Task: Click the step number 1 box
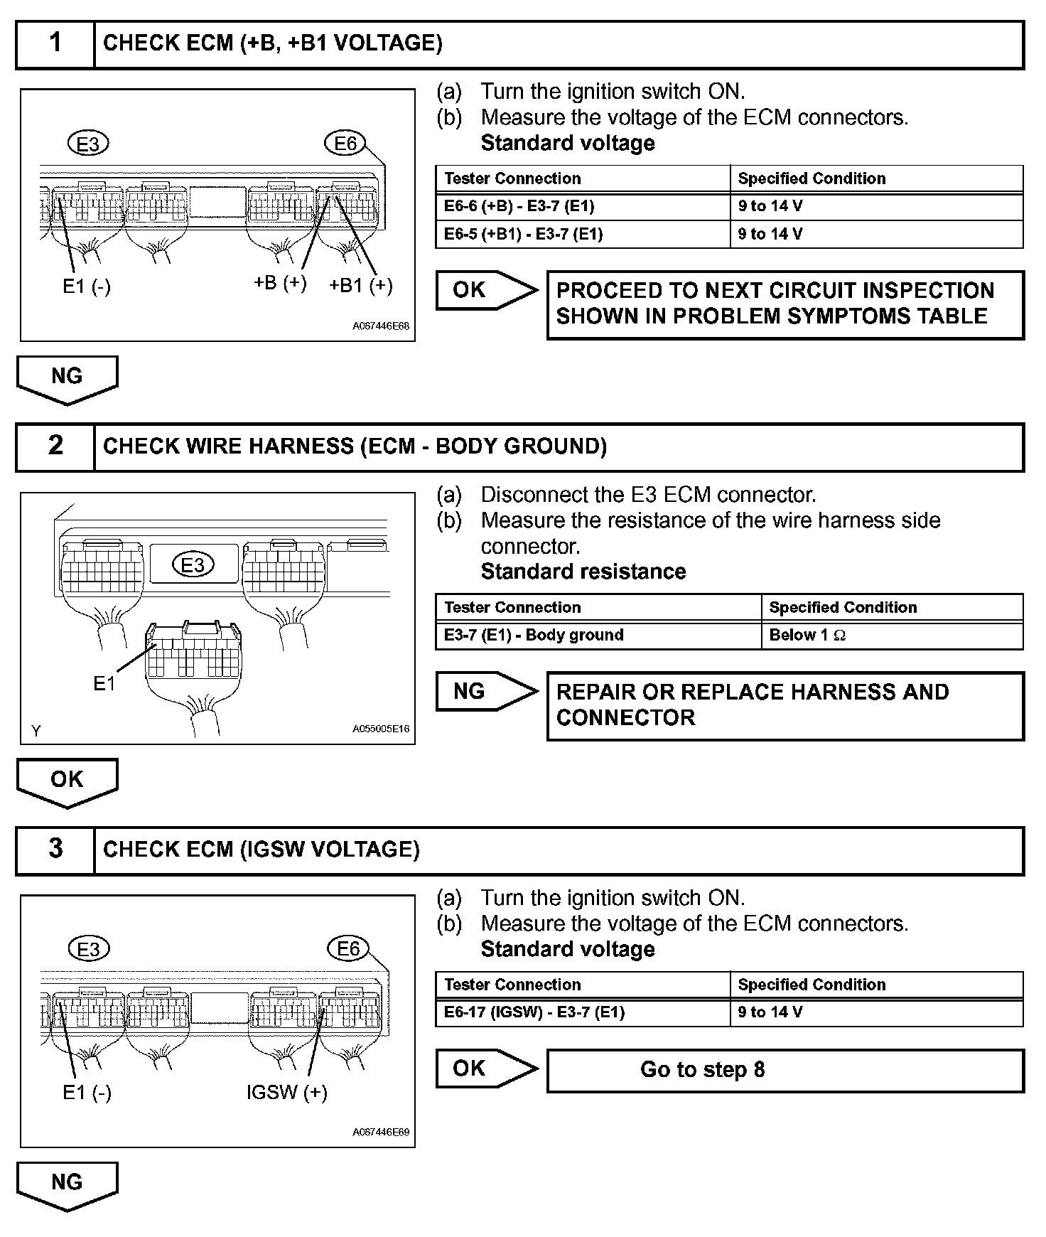coord(55,44)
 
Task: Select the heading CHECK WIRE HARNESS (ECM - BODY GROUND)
coord(355,446)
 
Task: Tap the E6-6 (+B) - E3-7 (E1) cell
coord(583,207)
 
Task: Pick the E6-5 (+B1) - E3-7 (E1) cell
coord(583,235)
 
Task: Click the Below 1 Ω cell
coord(892,636)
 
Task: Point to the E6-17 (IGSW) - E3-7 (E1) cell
coord(583,1012)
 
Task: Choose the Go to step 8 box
coord(784,1070)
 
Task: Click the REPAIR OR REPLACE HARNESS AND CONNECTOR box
coord(784,705)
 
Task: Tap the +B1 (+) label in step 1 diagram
coord(361,286)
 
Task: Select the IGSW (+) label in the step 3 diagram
coord(287,1092)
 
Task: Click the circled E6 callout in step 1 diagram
coord(345,144)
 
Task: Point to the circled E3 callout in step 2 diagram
coord(193,565)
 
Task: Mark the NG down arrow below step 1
coord(67,378)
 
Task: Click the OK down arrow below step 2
coord(67,781)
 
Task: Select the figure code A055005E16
coord(381,729)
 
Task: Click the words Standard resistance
coord(583,572)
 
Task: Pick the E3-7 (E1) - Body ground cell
coord(598,636)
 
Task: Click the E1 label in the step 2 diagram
coord(104,683)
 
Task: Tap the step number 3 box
coord(55,850)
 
